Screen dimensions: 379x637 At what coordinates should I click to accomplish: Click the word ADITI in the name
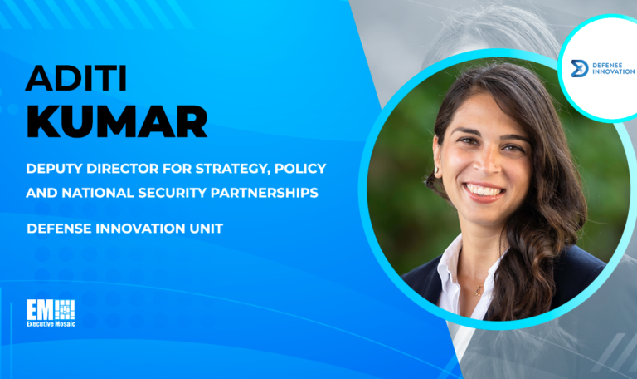(75, 77)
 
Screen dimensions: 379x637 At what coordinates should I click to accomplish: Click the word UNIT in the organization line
(207, 228)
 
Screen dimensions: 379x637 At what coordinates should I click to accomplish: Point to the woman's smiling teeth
(485, 190)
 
